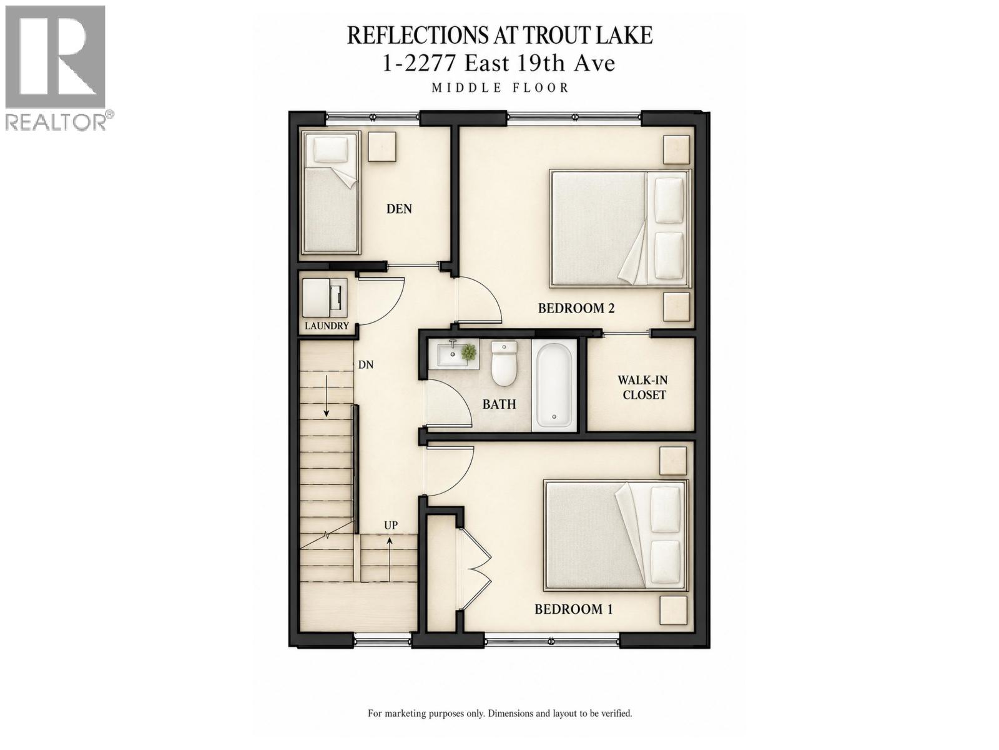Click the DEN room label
(399, 209)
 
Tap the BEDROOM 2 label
(576, 308)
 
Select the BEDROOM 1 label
(573, 609)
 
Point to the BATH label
(499, 404)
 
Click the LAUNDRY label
(327, 326)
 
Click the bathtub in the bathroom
(554, 385)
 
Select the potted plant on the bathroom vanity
(468, 351)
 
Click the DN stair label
(365, 364)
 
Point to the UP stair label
(390, 525)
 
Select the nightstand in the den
(382, 146)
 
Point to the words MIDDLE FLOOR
(500, 88)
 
